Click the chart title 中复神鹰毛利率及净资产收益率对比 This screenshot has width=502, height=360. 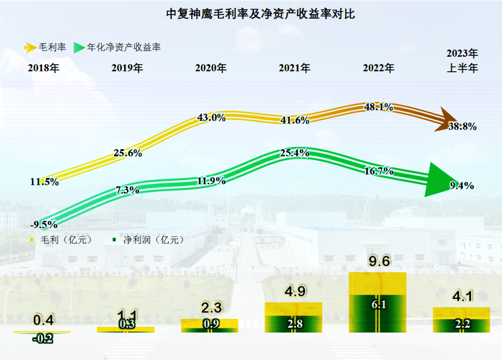pos(261,14)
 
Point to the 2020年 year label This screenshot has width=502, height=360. pos(211,68)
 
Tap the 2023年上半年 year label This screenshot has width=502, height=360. pos(462,61)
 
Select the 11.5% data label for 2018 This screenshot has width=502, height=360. pos(44,182)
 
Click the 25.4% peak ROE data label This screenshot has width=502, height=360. pos(294,153)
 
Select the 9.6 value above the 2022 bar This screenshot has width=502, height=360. pos(379,262)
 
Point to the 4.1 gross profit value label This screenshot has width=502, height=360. pos(462,297)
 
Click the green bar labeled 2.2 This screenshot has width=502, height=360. pos(461,325)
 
